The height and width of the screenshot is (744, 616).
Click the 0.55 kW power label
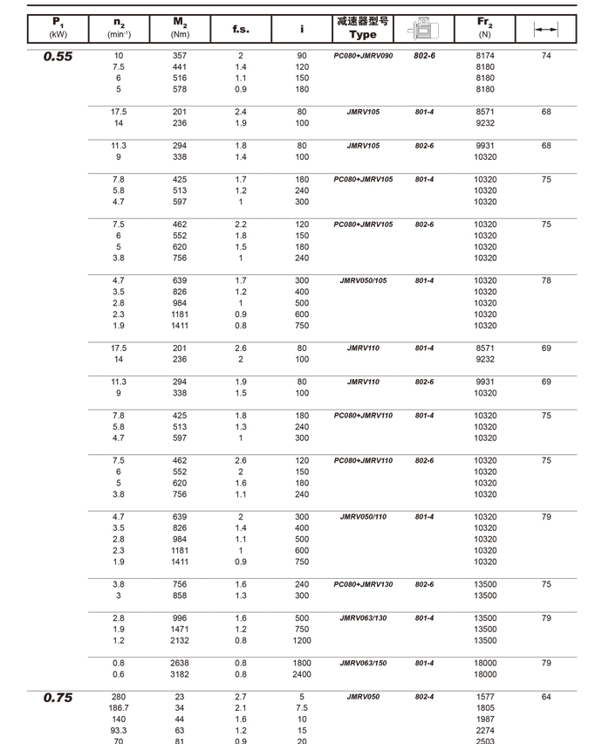pos(58,57)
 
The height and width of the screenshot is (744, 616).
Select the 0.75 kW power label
pos(58,698)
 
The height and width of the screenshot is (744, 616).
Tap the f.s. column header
pos(241,29)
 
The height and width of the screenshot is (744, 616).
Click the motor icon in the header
pos(425,28)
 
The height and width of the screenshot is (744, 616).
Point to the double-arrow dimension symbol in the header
pos(546,29)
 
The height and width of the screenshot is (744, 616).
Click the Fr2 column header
pos(485,28)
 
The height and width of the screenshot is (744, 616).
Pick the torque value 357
pos(180,56)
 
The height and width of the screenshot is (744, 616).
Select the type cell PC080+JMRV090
pos(363,56)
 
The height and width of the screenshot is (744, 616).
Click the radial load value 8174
pos(485,56)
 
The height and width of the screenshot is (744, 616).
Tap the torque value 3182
pos(180,674)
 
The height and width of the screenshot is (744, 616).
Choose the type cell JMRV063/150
pos(363,663)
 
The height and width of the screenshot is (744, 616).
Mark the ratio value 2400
pos(302,674)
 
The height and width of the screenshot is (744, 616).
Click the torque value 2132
pos(180,640)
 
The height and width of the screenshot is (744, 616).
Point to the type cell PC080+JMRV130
pos(363,584)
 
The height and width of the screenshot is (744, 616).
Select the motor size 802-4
pos(425,697)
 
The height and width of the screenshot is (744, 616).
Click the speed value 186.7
pos(119,708)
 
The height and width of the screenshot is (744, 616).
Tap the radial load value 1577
pos(485,697)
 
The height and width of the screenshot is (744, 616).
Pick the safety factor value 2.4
pos(241,112)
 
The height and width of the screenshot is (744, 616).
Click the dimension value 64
pos(546,697)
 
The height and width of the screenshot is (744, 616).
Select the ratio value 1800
pos(302,663)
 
